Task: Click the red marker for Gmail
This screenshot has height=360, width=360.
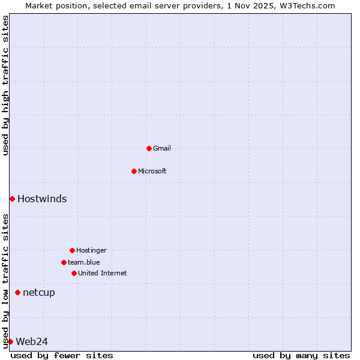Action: [x=149, y=148]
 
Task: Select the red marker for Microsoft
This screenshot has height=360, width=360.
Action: [x=134, y=171]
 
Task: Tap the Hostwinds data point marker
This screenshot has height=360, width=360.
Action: [x=12, y=199]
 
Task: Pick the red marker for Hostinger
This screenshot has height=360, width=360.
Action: [x=72, y=250]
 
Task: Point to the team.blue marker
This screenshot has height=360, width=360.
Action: [x=64, y=262]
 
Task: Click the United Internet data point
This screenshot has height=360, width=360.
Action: [x=74, y=273]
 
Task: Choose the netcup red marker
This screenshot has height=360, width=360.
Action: [x=17, y=292]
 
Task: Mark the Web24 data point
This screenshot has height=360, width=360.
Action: [x=10, y=341]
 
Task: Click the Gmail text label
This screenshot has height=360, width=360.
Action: [x=162, y=148]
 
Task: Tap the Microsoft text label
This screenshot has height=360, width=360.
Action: [x=152, y=171]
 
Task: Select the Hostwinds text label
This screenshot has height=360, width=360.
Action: [x=42, y=199]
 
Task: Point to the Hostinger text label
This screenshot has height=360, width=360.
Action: [x=91, y=250]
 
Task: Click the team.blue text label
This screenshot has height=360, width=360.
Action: [x=84, y=262]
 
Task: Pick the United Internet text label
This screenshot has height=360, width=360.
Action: [x=103, y=273]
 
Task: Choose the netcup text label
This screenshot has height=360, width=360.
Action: [x=39, y=292]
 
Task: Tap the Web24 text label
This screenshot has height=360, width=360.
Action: [x=32, y=341]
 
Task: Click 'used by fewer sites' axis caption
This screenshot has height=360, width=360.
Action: [x=62, y=355]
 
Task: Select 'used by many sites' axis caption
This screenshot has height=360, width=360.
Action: [x=301, y=355]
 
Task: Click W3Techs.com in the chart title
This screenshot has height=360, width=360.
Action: [x=305, y=5]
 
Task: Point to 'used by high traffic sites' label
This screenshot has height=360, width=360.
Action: [x=5, y=85]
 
